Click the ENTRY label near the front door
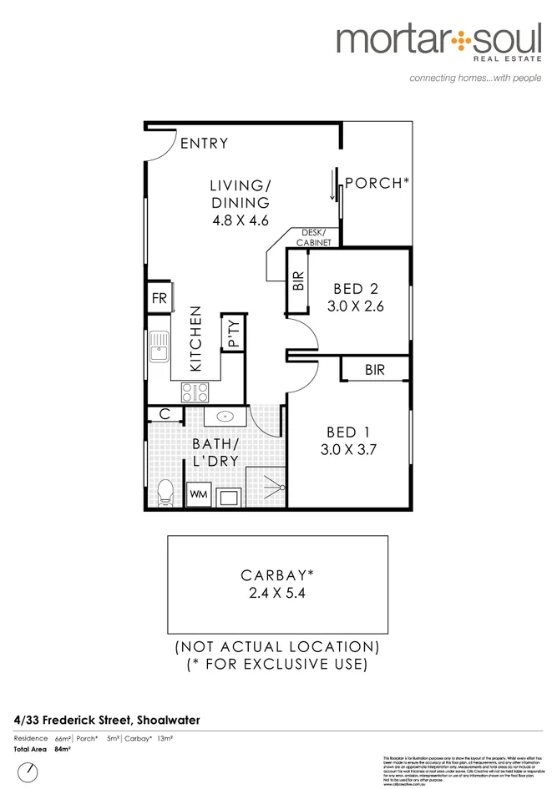[x=203, y=144]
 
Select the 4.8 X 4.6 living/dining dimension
[x=240, y=221]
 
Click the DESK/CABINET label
[x=314, y=238]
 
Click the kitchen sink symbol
[x=159, y=352]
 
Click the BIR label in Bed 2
[x=298, y=281]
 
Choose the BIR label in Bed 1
[x=375, y=369]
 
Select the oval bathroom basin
[x=225, y=416]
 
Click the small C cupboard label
[x=165, y=414]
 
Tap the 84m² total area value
[x=62, y=750]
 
